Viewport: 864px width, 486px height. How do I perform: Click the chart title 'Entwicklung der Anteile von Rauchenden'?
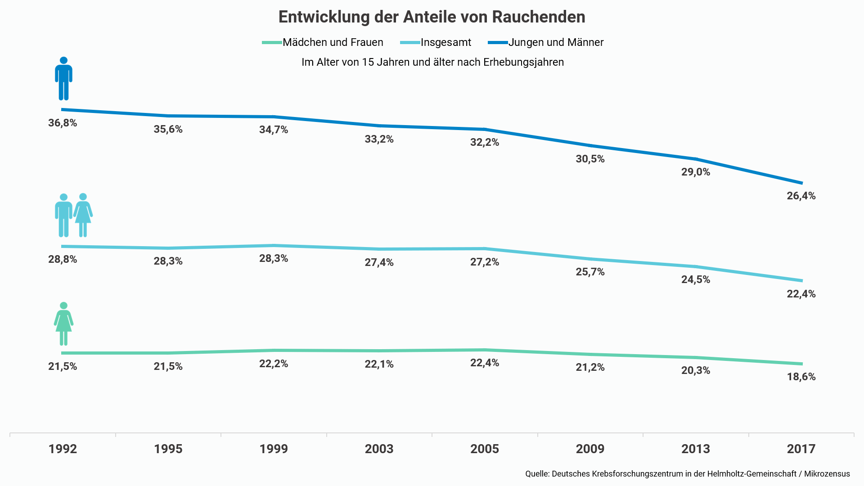[x=432, y=17]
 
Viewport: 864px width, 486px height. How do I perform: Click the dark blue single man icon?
[x=63, y=79]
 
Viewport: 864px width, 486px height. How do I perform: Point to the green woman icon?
[x=63, y=324]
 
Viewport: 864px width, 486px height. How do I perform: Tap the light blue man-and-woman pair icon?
[x=73, y=215]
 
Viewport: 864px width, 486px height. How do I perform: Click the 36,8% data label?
[x=63, y=123]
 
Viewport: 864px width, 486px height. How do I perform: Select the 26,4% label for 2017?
[x=801, y=196]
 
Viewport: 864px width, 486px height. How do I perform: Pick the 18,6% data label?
[x=801, y=377]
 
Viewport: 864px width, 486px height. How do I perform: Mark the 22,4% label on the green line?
[x=485, y=363]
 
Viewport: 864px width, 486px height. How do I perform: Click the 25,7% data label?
[x=590, y=272]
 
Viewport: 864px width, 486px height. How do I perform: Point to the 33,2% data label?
[x=379, y=139]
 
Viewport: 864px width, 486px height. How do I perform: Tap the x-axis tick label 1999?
[x=274, y=449]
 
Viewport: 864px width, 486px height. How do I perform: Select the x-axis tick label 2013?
[x=695, y=449]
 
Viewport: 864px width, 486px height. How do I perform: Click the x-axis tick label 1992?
[x=63, y=449]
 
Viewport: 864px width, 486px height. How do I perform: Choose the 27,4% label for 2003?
[x=379, y=262]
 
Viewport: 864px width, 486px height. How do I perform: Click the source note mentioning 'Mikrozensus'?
[x=687, y=474]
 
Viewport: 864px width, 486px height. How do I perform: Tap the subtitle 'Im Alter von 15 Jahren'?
[x=432, y=62]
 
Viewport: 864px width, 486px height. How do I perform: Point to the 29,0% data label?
[x=695, y=172]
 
